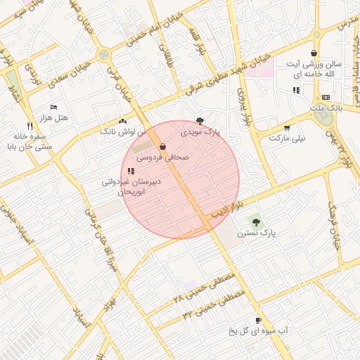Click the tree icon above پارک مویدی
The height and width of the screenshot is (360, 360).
tap(200, 121)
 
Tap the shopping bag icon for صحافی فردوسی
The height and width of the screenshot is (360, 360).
tap(163, 146)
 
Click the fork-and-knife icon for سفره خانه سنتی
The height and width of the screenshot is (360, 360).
tap(29, 127)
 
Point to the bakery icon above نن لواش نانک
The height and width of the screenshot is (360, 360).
tap(123, 120)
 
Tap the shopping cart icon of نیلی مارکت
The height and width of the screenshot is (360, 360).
tap(287, 128)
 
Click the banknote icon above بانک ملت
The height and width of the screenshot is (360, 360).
tap(325, 97)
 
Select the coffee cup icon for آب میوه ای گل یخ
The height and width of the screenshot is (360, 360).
tap(258, 320)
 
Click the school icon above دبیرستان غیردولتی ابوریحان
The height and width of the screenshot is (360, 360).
tap(131, 171)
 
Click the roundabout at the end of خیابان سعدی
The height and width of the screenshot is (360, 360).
tap(104, 54)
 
